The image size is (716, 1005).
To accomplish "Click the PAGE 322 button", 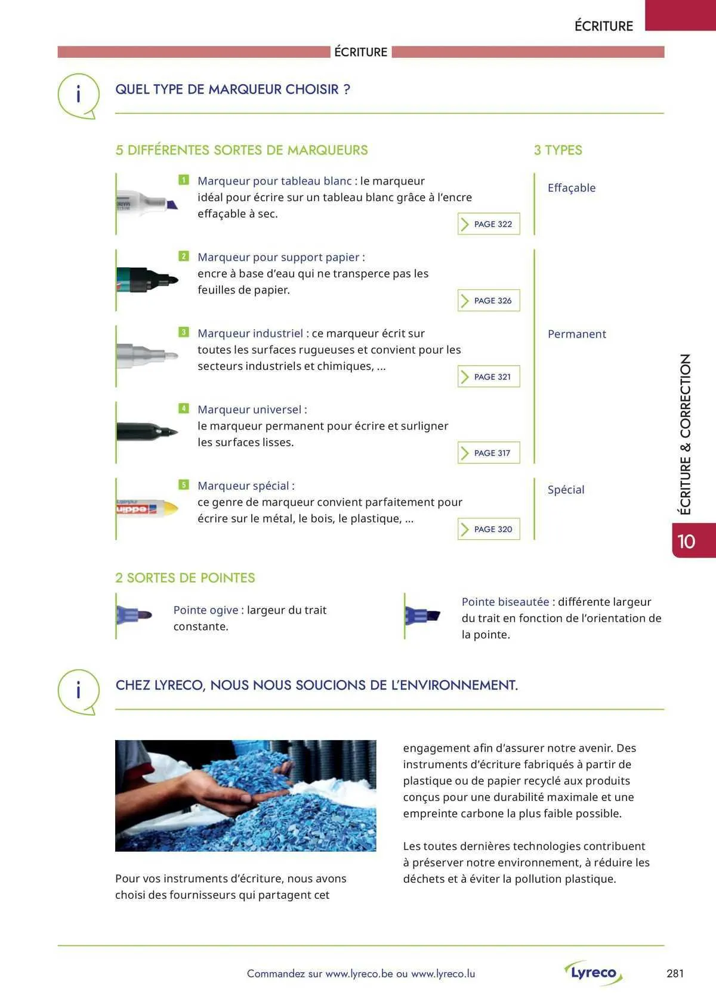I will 489,224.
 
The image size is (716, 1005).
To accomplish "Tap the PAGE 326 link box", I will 489,301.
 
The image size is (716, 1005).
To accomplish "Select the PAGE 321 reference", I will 489,377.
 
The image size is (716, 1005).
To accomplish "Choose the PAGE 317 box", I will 489,453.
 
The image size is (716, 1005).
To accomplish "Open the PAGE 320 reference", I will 489,530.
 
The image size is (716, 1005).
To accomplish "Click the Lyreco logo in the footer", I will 593,973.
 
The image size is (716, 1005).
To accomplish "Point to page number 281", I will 675,973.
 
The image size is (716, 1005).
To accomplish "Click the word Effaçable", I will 572,188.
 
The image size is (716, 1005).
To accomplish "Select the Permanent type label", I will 576,334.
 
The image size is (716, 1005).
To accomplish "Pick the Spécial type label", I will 566,490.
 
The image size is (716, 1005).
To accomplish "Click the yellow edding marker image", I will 147,509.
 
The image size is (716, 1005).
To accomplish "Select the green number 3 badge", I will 184,332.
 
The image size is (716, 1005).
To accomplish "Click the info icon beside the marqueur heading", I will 78,95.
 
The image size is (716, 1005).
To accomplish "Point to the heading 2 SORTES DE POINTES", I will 185,578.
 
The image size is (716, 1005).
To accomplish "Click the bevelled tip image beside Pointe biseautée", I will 422,616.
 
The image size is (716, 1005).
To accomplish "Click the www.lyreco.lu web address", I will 443,973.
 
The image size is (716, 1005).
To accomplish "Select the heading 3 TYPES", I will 558,150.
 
